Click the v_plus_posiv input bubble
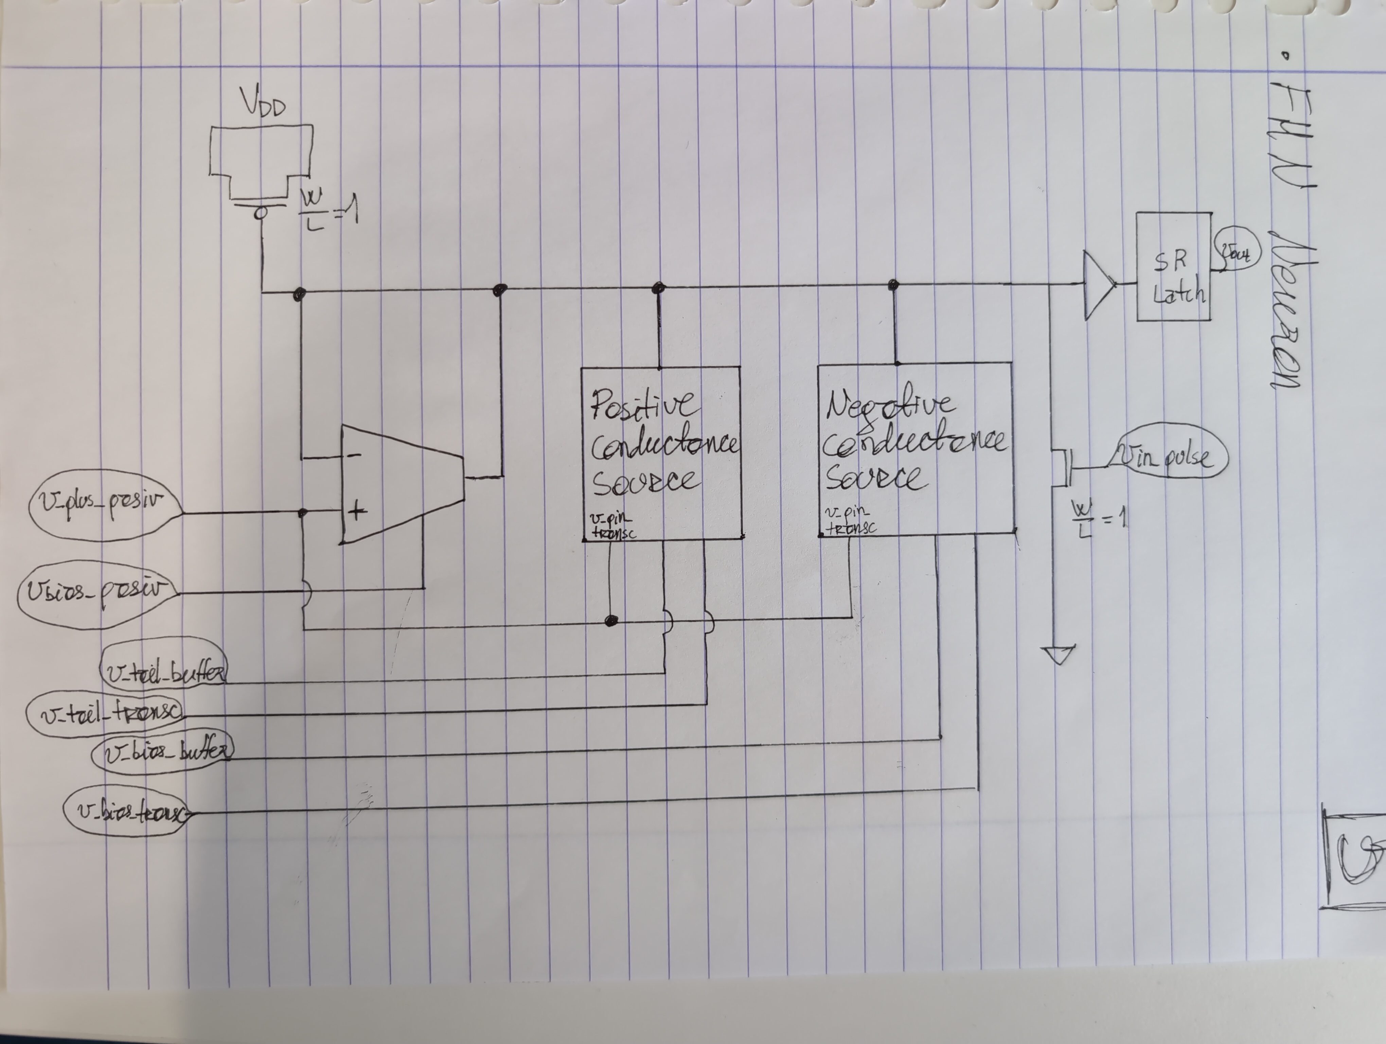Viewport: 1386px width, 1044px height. click(105, 504)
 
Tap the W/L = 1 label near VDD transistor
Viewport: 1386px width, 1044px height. click(327, 209)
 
